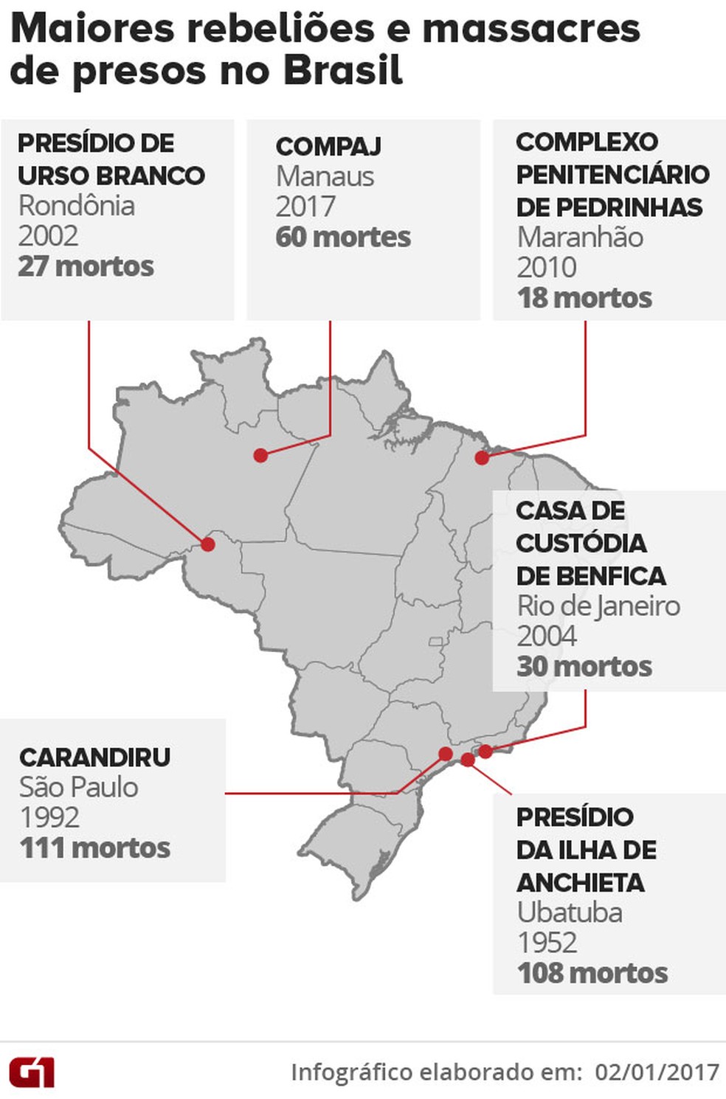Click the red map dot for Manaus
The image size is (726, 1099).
[260, 455]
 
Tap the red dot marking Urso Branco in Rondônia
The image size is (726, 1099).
[208, 544]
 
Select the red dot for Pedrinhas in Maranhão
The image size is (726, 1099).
[482, 457]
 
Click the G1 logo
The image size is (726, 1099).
[32, 1072]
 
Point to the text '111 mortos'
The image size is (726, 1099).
[95, 848]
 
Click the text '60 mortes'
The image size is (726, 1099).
[343, 237]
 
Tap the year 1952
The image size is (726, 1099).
[547, 943]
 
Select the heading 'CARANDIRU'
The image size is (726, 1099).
[95, 757]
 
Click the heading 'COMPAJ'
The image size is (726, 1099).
[328, 146]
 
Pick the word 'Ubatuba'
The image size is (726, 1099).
[570, 912]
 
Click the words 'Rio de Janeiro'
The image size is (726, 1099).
[598, 606]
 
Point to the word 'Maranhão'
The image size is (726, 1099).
[580, 237]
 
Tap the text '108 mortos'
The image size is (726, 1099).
[592, 973]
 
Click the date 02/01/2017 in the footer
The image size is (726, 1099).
[657, 1072]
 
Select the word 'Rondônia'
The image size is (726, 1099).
[77, 205]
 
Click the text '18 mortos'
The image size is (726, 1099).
[584, 298]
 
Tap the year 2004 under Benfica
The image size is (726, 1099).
[547, 636]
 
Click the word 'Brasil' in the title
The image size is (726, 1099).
[342, 72]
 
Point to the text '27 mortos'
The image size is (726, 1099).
[86, 266]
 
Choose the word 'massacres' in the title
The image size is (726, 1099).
[531, 29]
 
